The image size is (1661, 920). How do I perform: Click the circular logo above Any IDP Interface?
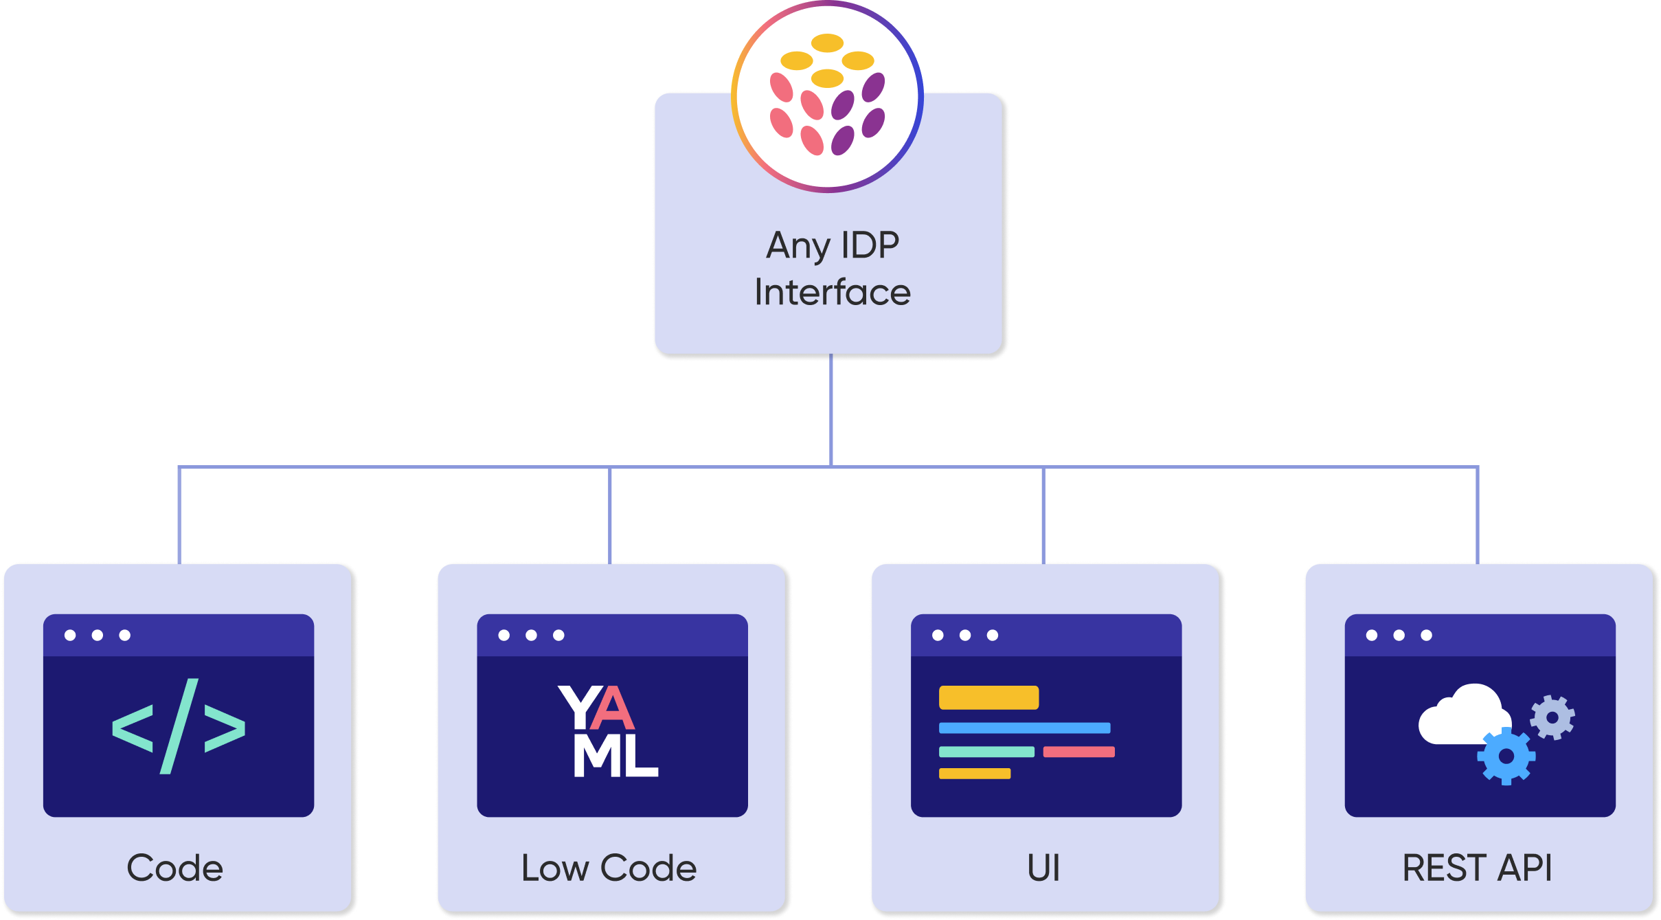pyautogui.click(x=827, y=96)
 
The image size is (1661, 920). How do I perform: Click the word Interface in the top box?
pyautogui.click(x=833, y=292)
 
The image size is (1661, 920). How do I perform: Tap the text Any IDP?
pyautogui.click(x=833, y=246)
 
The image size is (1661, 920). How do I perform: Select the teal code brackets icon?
pyautogui.click(x=179, y=726)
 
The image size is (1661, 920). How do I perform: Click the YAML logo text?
pyautogui.click(x=609, y=731)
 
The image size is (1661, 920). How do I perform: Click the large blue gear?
pyautogui.click(x=1506, y=756)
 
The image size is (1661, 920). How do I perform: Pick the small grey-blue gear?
pyautogui.click(x=1552, y=718)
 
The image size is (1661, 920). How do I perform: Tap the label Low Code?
pyautogui.click(x=609, y=868)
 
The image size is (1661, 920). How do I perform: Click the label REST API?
pyautogui.click(x=1478, y=868)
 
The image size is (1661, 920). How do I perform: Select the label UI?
pyautogui.click(x=1044, y=868)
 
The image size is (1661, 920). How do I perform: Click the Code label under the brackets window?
pyautogui.click(x=175, y=868)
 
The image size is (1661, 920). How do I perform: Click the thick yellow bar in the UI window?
pyautogui.click(x=989, y=697)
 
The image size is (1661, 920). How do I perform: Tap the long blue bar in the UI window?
pyautogui.click(x=1025, y=728)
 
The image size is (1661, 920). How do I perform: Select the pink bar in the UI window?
pyautogui.click(x=1079, y=752)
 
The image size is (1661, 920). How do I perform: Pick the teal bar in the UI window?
pyautogui.click(x=987, y=752)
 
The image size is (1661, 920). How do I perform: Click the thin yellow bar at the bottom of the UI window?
pyautogui.click(x=975, y=774)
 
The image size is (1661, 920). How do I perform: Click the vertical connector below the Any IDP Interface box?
pyautogui.click(x=831, y=410)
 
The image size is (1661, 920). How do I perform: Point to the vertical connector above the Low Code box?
pyautogui.click(x=610, y=516)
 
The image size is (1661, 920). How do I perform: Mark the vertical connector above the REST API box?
pyautogui.click(x=1478, y=516)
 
